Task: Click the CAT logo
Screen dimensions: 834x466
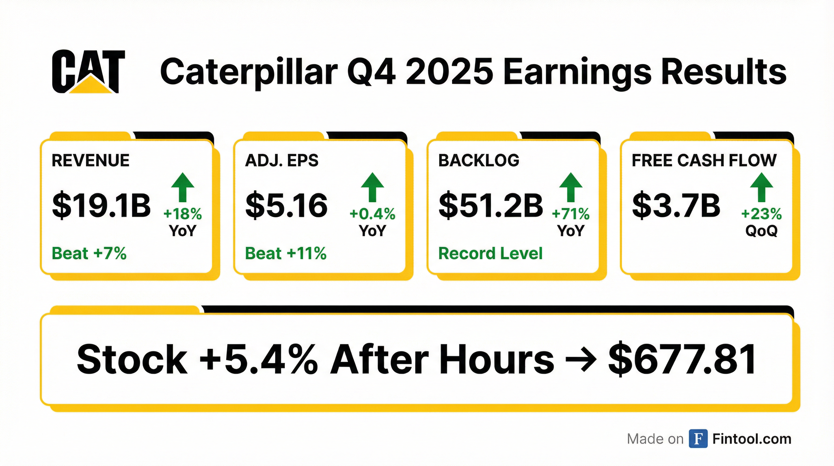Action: click(x=88, y=72)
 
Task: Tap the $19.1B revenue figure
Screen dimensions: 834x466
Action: click(x=101, y=205)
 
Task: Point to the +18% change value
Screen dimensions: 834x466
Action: click(x=183, y=214)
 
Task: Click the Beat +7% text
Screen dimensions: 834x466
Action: click(x=89, y=253)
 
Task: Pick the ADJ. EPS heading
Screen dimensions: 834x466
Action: click(x=282, y=160)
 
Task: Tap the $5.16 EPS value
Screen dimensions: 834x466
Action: click(x=286, y=205)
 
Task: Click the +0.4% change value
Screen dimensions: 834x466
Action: click(x=372, y=214)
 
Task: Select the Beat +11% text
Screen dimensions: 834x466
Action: click(x=286, y=253)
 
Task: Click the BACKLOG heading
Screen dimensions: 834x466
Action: click(x=479, y=160)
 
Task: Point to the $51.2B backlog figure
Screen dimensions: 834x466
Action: click(x=491, y=205)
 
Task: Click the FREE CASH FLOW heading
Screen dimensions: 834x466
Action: click(x=704, y=160)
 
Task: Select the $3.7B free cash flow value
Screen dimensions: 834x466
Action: click(x=676, y=205)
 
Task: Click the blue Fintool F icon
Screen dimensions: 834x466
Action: click(x=698, y=439)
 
